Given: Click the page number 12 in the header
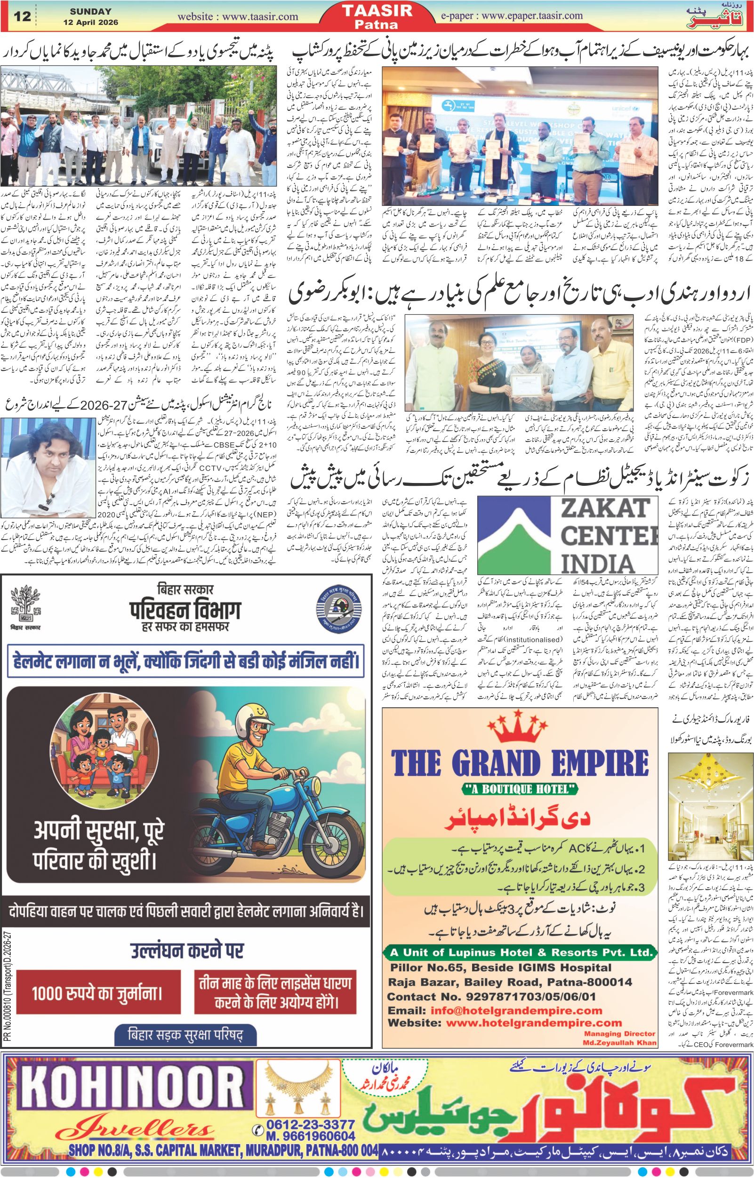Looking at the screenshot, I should click(x=23, y=16).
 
